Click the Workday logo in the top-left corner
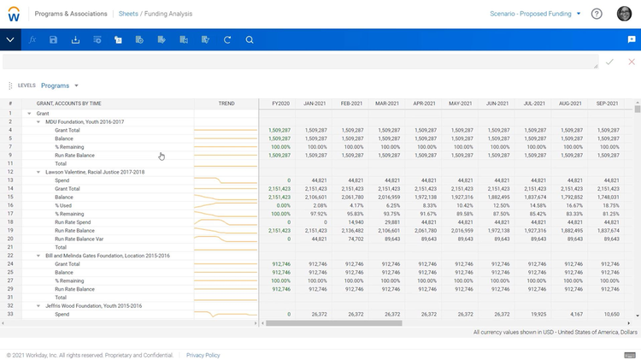pyautogui.click(x=15, y=14)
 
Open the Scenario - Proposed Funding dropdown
pyautogui.click(x=535, y=14)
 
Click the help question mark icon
pyautogui.click(x=597, y=14)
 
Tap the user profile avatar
pyautogui.click(x=625, y=14)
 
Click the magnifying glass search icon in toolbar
pyautogui.click(x=250, y=40)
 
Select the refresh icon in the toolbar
pyautogui.click(x=227, y=40)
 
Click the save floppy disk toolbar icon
pyautogui.click(x=54, y=40)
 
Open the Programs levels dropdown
pyautogui.click(x=60, y=86)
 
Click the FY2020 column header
pyautogui.click(x=279, y=103)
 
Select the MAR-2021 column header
pyautogui.click(x=388, y=103)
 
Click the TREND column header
pyautogui.click(x=226, y=103)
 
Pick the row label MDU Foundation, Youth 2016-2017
pyautogui.click(x=85, y=121)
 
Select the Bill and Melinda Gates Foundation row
pyautogui.click(x=108, y=256)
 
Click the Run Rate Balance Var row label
pyautogui.click(x=79, y=239)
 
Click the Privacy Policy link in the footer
pyautogui.click(x=203, y=355)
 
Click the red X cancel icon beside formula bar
pyautogui.click(x=632, y=62)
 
